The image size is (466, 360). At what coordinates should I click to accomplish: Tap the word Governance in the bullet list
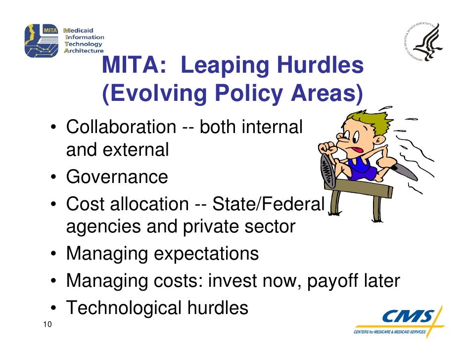point(117,177)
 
